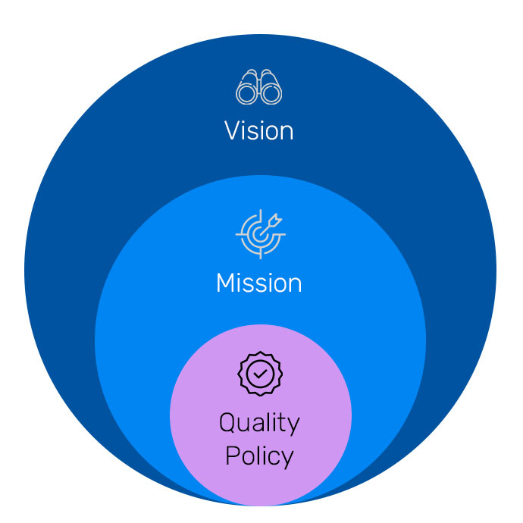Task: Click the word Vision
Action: (x=258, y=130)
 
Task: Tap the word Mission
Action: (x=258, y=283)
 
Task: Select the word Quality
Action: (x=259, y=424)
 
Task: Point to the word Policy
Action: (x=259, y=456)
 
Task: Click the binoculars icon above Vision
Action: (x=258, y=86)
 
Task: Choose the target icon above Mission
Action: (x=260, y=234)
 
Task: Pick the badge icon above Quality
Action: (x=260, y=374)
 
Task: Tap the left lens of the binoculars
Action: (x=247, y=94)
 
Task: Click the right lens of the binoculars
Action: (x=271, y=94)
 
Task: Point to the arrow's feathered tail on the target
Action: (x=275, y=220)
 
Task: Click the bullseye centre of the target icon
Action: (x=259, y=235)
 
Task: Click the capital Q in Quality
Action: (x=227, y=423)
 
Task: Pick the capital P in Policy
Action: (x=233, y=455)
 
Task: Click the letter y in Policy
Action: (x=287, y=460)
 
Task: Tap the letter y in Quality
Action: (x=293, y=427)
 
